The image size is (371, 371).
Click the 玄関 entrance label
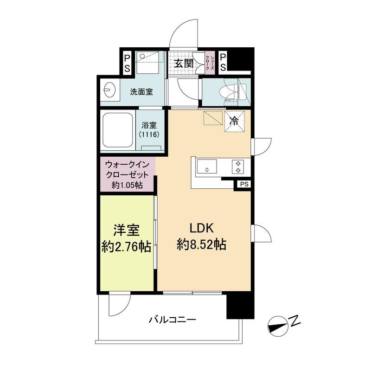pyautogui.click(x=184, y=63)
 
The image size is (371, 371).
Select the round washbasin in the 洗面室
pyautogui.click(x=109, y=90)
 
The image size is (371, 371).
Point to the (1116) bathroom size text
pyautogui.click(x=149, y=134)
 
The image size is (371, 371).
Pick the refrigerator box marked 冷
pyautogui.click(x=234, y=122)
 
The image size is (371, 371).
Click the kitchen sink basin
pyautogui.click(x=207, y=166)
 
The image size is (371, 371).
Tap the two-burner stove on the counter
pyautogui.click(x=238, y=167)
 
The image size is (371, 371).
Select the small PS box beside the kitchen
pyautogui.click(x=244, y=184)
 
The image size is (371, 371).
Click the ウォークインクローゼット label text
pyautogui.click(x=127, y=169)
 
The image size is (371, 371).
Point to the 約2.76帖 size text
pyautogui.click(x=126, y=247)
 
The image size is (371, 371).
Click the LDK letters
pyautogui.click(x=202, y=228)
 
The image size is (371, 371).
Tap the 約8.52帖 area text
pyautogui.click(x=202, y=244)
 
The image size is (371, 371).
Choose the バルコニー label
pyautogui.click(x=173, y=320)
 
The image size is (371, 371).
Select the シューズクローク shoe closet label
pyautogui.click(x=210, y=63)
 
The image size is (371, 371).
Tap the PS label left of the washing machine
pyautogui.click(x=127, y=63)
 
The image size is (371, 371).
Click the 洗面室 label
pyautogui.click(x=141, y=92)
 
